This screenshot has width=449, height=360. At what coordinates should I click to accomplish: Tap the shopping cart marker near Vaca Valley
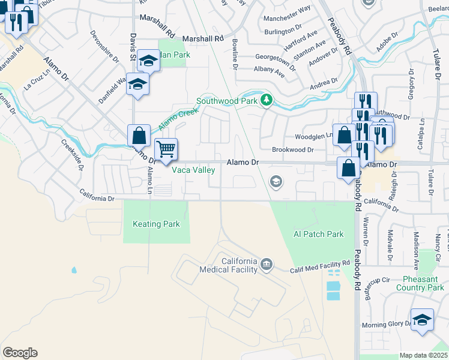(x=166, y=148)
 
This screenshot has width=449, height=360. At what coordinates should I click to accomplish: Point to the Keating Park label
(x=156, y=224)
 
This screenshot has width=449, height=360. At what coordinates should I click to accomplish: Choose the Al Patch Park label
(x=318, y=234)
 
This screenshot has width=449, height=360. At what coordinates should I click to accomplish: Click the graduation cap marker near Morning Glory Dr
(x=421, y=319)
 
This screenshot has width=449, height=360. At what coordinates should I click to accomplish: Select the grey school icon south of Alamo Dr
(x=276, y=181)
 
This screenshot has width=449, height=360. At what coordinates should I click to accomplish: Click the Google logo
(x=20, y=353)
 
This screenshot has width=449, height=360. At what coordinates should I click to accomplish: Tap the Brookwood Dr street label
(x=292, y=150)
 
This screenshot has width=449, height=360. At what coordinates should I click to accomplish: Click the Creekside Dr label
(x=71, y=154)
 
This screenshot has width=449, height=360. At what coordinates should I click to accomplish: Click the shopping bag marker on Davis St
(x=139, y=136)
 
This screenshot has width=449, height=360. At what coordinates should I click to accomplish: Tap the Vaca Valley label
(x=194, y=170)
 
